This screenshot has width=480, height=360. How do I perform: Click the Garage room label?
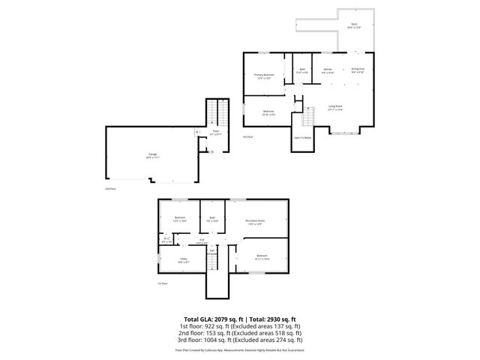(x=152, y=156)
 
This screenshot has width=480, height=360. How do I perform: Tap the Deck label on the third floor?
(x=353, y=25)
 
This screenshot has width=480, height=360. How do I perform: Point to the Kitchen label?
(x=328, y=70)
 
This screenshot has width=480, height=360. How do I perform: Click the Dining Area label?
(x=358, y=70)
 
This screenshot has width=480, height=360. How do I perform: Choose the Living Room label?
(x=334, y=107)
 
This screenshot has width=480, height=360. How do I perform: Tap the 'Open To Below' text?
(x=303, y=138)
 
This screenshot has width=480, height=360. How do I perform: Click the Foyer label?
(x=215, y=133)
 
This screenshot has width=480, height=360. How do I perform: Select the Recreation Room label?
(x=256, y=222)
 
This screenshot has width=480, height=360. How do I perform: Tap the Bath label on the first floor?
(x=212, y=219)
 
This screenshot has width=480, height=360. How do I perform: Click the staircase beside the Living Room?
(x=308, y=118)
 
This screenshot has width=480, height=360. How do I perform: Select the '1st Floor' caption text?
(x=162, y=283)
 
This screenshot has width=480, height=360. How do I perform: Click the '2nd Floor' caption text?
(x=110, y=189)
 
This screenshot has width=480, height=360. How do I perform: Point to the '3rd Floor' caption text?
(x=247, y=137)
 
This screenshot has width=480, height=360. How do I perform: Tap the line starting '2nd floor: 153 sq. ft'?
(x=240, y=334)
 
